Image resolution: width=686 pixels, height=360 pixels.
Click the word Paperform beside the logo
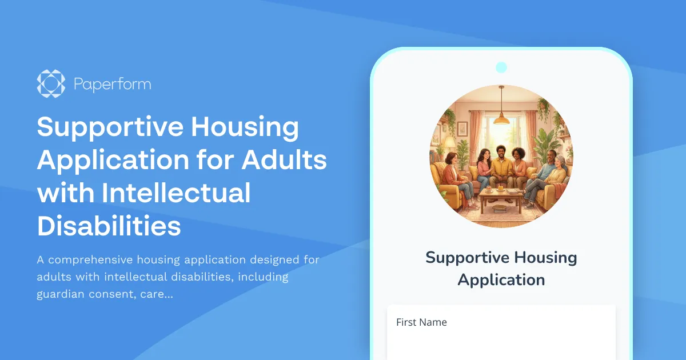click(112, 85)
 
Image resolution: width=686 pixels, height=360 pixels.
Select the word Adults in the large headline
click(284, 161)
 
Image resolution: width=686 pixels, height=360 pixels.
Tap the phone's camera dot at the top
click(501, 67)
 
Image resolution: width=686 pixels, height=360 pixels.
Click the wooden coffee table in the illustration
click(501, 197)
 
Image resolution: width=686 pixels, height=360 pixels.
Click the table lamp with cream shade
click(449, 142)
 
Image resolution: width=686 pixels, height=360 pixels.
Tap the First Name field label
click(421, 322)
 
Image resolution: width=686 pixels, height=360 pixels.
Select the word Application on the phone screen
click(501, 280)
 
